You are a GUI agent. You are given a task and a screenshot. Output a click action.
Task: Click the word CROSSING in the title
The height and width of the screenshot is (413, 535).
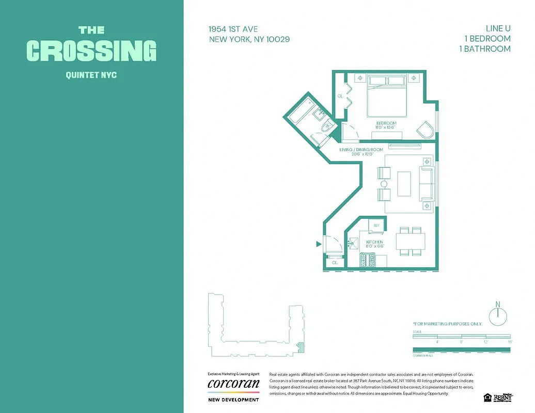[x=91, y=51]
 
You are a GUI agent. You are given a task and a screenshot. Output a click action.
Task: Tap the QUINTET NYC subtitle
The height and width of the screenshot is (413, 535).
[x=91, y=75]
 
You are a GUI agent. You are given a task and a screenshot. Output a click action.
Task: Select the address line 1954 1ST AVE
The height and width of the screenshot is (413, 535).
[x=234, y=29]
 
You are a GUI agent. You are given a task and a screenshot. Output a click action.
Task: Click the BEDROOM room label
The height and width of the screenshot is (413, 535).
[x=386, y=123]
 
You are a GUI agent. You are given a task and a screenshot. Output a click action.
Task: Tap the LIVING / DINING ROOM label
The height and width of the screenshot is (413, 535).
[x=361, y=150]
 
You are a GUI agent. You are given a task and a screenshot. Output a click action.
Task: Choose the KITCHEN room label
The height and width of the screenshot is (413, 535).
[x=374, y=242]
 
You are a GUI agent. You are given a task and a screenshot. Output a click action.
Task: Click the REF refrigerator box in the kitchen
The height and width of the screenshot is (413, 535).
[x=376, y=225]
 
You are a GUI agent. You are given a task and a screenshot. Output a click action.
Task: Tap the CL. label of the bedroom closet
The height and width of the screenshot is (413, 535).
[x=340, y=96]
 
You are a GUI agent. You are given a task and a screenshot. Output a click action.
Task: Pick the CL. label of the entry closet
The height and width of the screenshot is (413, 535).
[x=335, y=262]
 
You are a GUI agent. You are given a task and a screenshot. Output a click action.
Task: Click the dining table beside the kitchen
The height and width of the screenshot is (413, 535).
[x=411, y=241]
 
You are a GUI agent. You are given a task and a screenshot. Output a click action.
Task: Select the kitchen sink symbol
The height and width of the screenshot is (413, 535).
[x=354, y=242]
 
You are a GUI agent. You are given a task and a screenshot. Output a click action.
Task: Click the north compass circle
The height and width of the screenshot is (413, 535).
[x=498, y=316]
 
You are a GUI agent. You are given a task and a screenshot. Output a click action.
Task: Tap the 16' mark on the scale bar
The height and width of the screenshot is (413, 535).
[x=509, y=342]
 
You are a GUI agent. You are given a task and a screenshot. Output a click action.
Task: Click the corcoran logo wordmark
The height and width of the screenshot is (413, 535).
[x=233, y=384]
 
